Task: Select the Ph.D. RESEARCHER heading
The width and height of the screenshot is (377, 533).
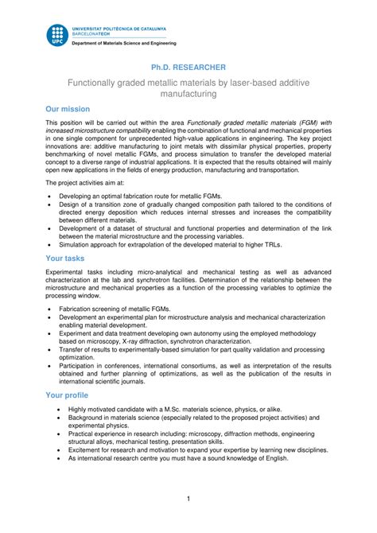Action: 188,68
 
